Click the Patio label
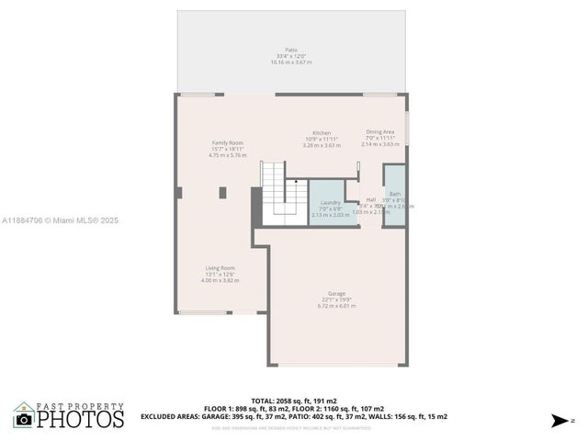[x=291, y=50]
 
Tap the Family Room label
[x=228, y=142]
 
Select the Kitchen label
[x=322, y=132]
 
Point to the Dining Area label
[x=380, y=131]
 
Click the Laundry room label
[x=331, y=202]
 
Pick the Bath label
[x=395, y=194]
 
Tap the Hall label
[x=371, y=199]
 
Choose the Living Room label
[x=220, y=268]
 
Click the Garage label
[x=336, y=294]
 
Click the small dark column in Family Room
[x=222, y=192]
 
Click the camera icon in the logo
[x=24, y=420]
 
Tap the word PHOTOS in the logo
[x=80, y=419]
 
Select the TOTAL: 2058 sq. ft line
[x=294, y=401]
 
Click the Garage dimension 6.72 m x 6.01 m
[x=336, y=306]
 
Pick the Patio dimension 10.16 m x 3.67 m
[x=291, y=62]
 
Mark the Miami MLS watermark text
[x=60, y=220]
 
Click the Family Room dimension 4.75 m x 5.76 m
[x=228, y=155]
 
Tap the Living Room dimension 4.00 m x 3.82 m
[x=220, y=280]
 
